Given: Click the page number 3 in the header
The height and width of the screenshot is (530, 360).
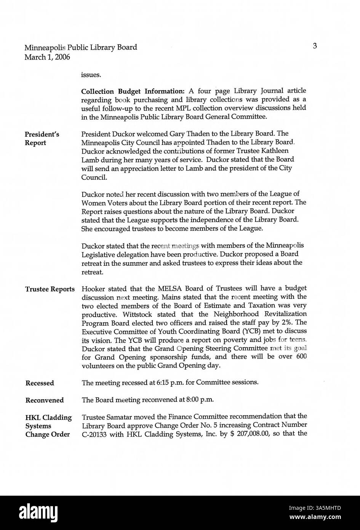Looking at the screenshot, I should [315, 46].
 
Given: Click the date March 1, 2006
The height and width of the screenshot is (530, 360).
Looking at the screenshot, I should [47, 57].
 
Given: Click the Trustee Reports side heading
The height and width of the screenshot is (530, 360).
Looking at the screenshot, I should [50, 289].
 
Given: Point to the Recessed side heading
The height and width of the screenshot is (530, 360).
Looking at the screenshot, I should [40, 383].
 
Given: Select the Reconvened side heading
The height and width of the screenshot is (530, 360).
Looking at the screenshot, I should [45, 400].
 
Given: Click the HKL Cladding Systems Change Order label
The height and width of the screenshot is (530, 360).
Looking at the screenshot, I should [48, 426].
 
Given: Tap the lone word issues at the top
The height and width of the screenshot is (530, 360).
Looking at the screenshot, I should [91, 75].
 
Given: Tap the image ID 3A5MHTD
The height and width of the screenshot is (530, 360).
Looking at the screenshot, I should [326, 508].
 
